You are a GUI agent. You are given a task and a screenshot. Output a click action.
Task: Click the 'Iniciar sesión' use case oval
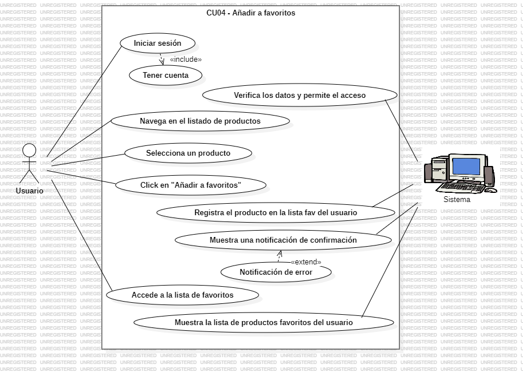point(157,43)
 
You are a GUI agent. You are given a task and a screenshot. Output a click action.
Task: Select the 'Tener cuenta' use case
point(165,75)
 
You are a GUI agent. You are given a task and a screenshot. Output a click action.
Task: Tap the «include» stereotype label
point(185,59)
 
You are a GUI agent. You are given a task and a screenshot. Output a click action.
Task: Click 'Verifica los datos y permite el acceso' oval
point(299,96)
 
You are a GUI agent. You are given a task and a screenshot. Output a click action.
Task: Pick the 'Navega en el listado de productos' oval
point(200,121)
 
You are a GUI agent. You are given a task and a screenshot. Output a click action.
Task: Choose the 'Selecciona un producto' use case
point(188,153)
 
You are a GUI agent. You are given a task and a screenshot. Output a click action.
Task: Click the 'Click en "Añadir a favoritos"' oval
point(191,185)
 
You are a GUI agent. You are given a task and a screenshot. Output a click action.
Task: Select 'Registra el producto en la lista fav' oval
point(275,212)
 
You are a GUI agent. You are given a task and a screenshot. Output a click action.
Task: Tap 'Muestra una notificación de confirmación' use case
point(283,240)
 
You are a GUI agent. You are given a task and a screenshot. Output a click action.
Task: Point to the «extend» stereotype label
point(306,262)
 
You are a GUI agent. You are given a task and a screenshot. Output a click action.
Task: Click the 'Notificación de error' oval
point(276,272)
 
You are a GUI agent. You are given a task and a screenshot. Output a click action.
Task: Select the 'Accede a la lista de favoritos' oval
point(182,295)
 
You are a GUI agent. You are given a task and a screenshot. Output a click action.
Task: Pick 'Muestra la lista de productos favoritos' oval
point(263,322)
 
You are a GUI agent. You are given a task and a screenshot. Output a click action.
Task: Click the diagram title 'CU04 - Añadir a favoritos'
point(251,13)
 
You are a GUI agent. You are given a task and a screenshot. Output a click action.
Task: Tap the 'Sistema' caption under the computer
point(457,200)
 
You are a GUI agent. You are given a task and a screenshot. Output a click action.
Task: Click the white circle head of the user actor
point(29,151)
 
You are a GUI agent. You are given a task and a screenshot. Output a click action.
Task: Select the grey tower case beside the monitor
point(439,169)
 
